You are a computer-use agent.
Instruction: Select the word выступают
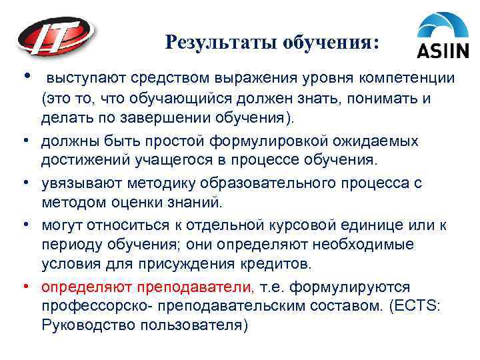point(87,79)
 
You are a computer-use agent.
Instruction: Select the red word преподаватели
point(196,287)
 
